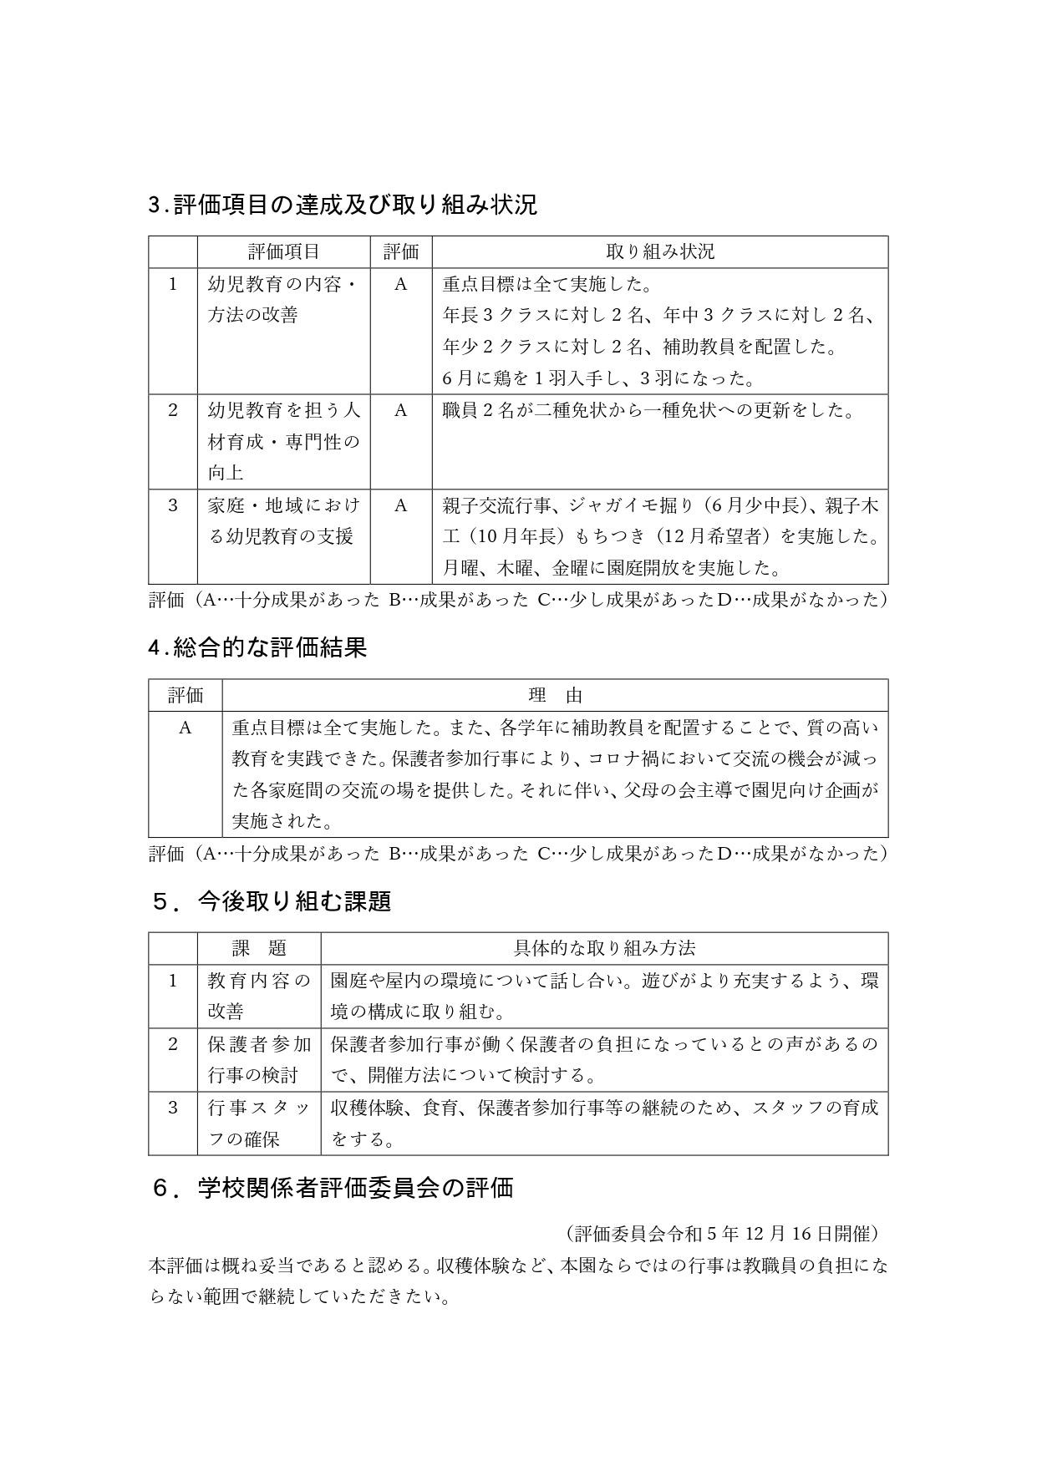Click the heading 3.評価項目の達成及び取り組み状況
[x=343, y=205]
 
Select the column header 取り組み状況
[x=659, y=251]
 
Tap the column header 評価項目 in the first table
[x=283, y=251]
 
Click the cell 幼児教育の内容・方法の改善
[x=283, y=299]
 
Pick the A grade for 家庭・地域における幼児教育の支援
[x=400, y=505]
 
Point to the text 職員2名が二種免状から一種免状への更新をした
[x=648, y=410]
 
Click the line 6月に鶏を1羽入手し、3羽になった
[x=598, y=378]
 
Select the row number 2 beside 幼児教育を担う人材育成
[x=173, y=410]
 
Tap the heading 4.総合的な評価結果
[x=257, y=647]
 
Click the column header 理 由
[x=555, y=695]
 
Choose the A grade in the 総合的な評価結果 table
[x=185, y=728]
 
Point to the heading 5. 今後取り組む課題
[x=271, y=901]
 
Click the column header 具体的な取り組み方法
[x=603, y=948]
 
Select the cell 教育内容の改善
[x=258, y=996]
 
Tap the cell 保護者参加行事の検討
[x=258, y=1059]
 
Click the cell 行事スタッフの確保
[x=258, y=1123]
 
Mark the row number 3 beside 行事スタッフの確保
[x=173, y=1108]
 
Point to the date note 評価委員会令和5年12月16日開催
[x=722, y=1234]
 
